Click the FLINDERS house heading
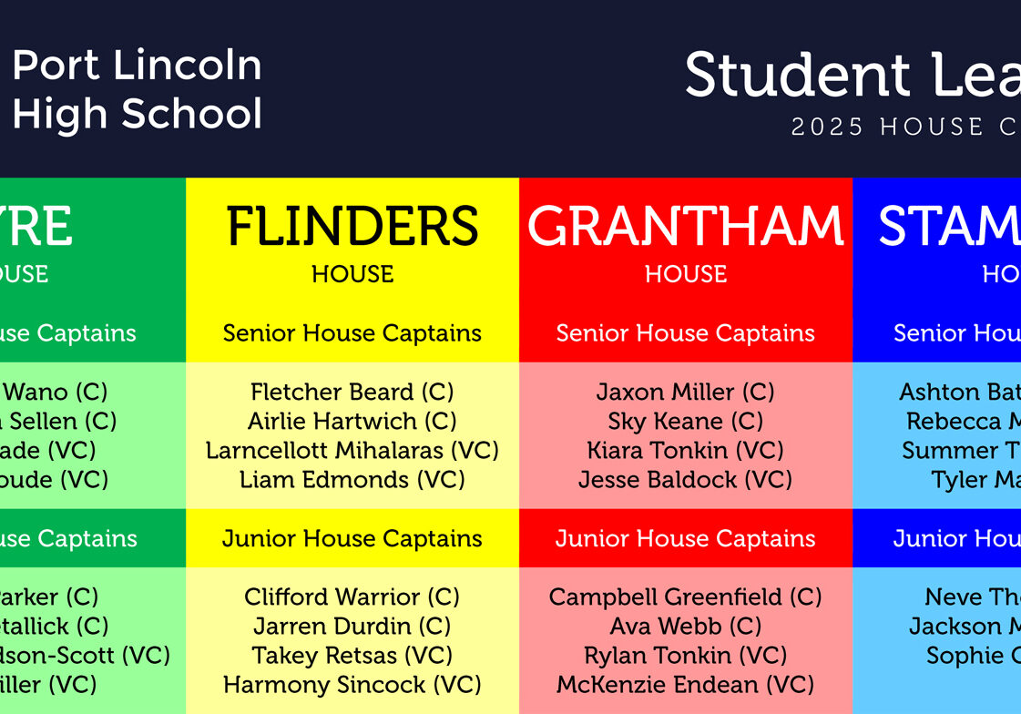tap(352, 227)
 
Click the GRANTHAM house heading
tap(685, 227)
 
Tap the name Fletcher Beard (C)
tap(352, 393)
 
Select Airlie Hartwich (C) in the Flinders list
tap(352, 422)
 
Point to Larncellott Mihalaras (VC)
tap(352, 451)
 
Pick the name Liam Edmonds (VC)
tap(352, 480)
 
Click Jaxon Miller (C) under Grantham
tap(685, 393)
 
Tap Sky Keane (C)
tap(685, 422)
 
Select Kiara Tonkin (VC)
tap(685, 451)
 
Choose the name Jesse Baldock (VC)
tap(685, 480)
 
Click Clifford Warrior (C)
tap(352, 597)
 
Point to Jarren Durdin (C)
tap(352, 627)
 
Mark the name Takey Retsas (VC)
tap(352, 656)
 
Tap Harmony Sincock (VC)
tap(352, 685)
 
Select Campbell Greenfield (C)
tap(685, 597)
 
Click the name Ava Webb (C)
tap(685, 627)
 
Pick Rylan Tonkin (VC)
tap(685, 656)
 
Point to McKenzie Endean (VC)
tap(685, 685)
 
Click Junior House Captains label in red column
tap(685, 538)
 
